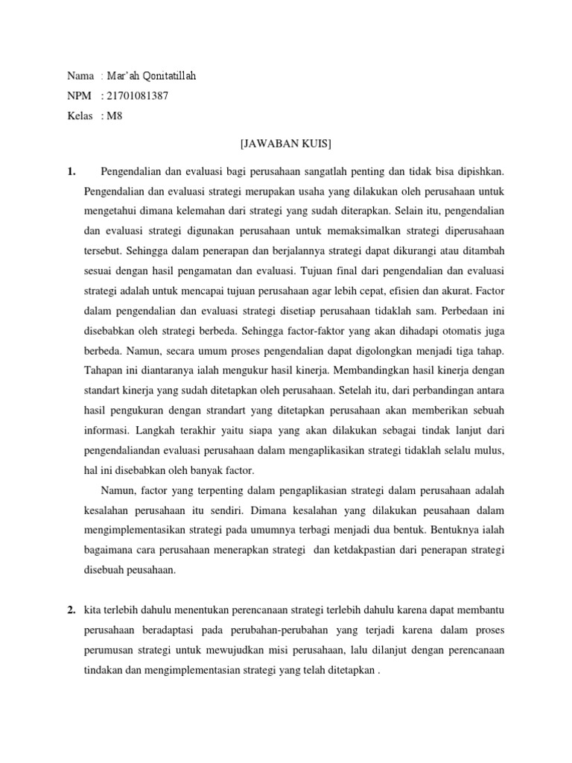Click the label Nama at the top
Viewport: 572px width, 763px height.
(80, 76)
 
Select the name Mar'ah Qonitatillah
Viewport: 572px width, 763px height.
(152, 76)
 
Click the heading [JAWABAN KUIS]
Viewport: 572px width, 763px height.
(285, 142)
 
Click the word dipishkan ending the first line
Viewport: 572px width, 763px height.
(479, 172)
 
